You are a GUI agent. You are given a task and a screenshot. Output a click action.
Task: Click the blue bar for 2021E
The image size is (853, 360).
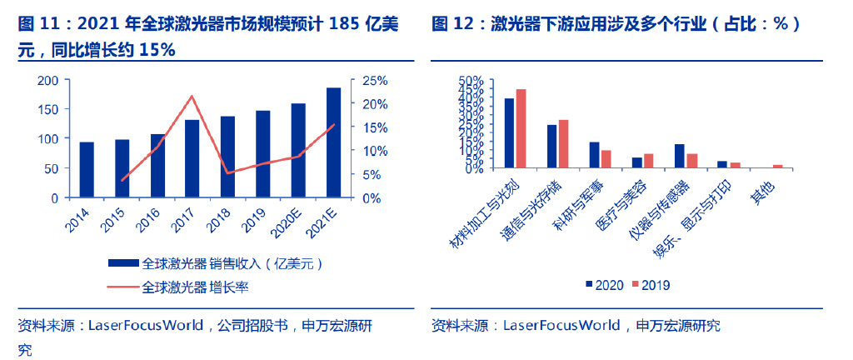(x=333, y=142)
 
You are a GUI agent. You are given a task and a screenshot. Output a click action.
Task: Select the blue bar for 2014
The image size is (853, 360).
(x=87, y=170)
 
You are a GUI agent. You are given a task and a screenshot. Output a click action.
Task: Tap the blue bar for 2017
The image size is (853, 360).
(x=192, y=159)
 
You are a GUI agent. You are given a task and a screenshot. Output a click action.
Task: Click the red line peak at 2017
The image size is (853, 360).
(x=192, y=96)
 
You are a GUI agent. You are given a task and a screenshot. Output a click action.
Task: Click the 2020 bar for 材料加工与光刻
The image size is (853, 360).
(x=509, y=133)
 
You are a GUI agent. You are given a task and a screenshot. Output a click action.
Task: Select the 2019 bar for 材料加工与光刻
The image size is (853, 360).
(x=521, y=128)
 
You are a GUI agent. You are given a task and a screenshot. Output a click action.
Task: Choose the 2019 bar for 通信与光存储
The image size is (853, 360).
(x=564, y=144)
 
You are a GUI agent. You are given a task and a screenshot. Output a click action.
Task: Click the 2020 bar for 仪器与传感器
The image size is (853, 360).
(x=680, y=156)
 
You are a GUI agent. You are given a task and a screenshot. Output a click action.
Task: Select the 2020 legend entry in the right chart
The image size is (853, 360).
(x=605, y=285)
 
